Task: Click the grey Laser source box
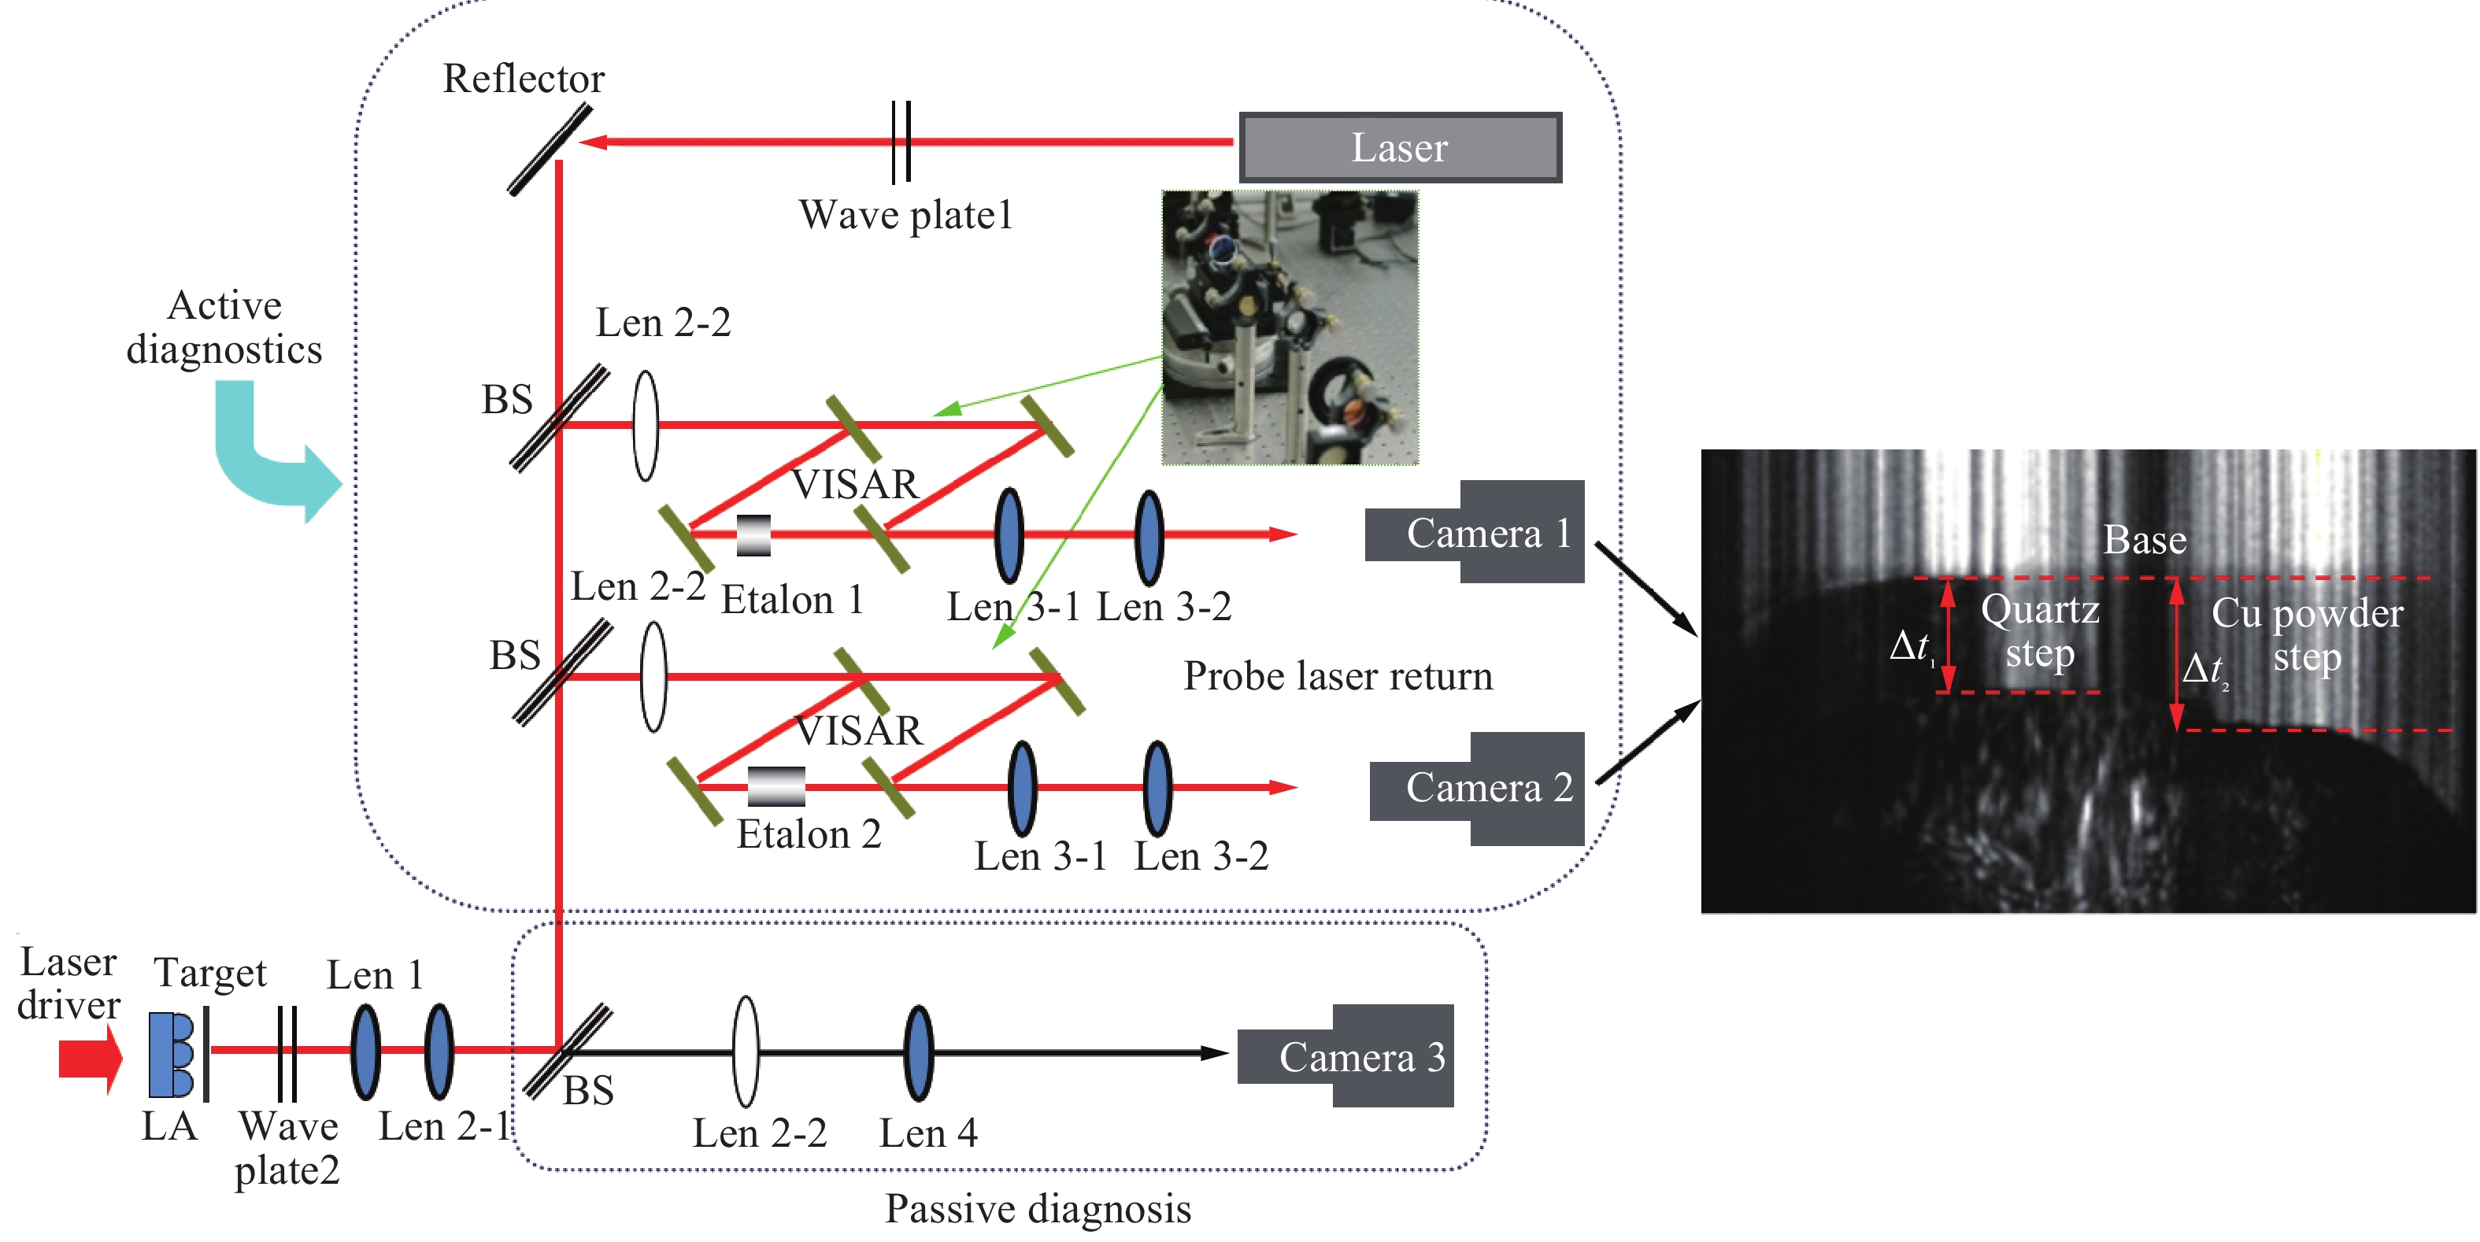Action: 1400,147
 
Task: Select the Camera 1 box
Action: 1475,531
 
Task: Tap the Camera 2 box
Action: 1478,789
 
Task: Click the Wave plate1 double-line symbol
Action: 901,142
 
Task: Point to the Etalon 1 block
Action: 753,535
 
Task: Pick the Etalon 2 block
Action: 776,786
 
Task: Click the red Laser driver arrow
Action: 91,1058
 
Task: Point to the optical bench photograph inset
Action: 1290,327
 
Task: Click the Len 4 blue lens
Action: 919,1053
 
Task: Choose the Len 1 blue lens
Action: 365,1052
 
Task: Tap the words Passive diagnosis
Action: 1038,1208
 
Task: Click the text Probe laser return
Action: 1338,676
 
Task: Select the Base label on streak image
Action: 2144,539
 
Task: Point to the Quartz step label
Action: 2040,631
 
